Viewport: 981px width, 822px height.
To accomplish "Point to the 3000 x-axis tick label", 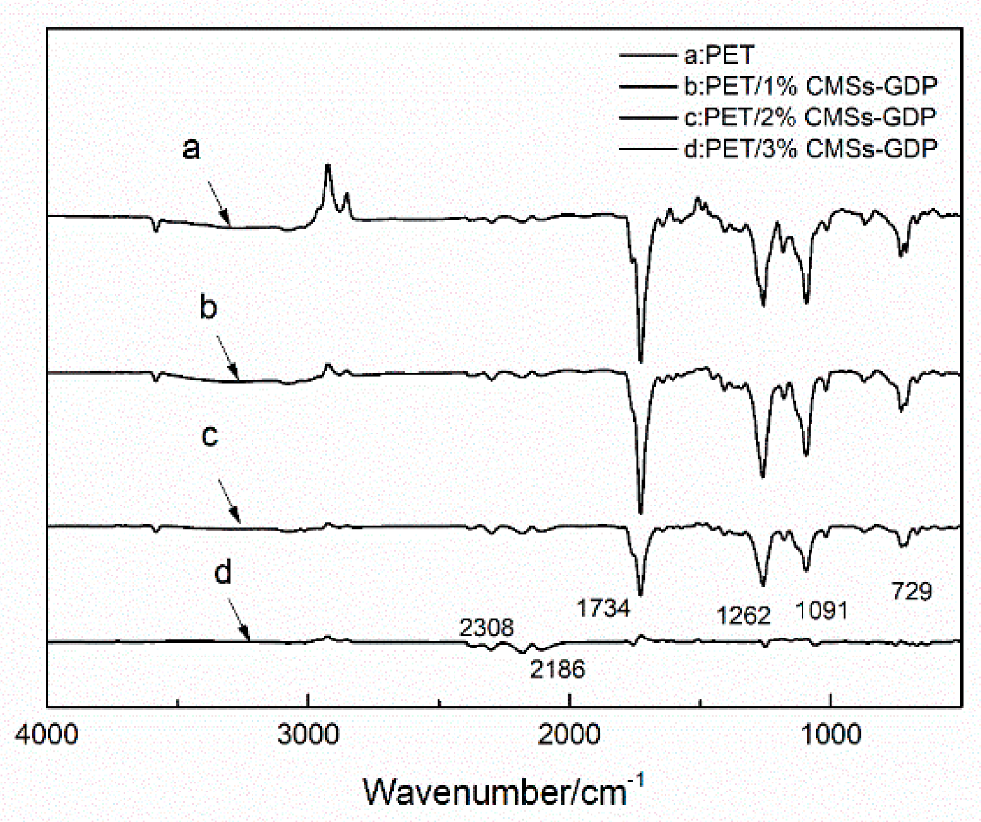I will (x=309, y=734).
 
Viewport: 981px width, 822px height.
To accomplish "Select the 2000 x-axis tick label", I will (x=570, y=734).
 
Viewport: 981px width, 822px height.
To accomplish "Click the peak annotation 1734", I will (x=603, y=607).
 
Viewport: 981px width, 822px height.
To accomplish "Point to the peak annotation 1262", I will (x=744, y=616).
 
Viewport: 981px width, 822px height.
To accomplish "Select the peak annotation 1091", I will (x=821, y=610).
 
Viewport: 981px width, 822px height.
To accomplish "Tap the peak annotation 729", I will (x=912, y=590).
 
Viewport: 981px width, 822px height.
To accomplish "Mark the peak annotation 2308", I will (x=486, y=627).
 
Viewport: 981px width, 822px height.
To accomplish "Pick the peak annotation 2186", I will (x=558, y=670).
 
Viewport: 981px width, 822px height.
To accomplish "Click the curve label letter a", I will (x=191, y=149).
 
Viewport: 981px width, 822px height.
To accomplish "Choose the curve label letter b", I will (x=208, y=307).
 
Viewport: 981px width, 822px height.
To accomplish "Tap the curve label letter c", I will (x=210, y=436).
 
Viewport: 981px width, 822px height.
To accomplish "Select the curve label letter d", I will (x=223, y=571).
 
